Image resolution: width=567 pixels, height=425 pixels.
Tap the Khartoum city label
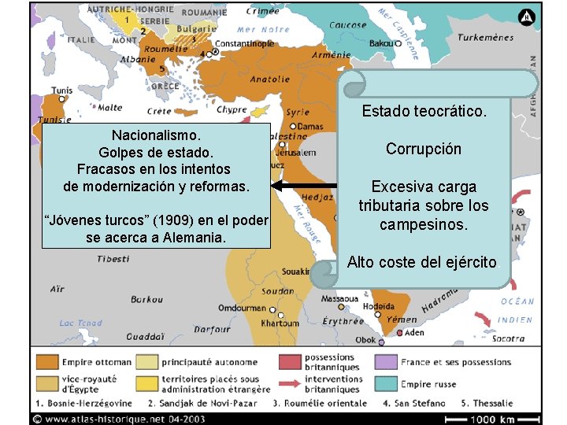[280, 323]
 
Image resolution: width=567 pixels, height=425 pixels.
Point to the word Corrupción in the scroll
[424, 149]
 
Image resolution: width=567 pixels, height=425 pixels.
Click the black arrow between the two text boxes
[304, 186]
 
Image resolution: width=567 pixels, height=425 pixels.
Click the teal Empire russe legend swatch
[386, 384]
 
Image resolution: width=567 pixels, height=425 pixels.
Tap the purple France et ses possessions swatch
[386, 362]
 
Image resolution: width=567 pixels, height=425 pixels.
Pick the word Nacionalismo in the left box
[155, 135]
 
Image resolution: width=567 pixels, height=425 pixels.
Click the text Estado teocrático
[424, 112]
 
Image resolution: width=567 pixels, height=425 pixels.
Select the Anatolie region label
[269, 79]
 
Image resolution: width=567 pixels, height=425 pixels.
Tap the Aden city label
[414, 333]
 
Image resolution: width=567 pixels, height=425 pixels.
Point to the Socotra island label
[508, 338]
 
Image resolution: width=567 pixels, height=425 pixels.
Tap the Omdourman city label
[242, 308]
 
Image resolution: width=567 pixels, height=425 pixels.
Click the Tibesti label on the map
[114, 258]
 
